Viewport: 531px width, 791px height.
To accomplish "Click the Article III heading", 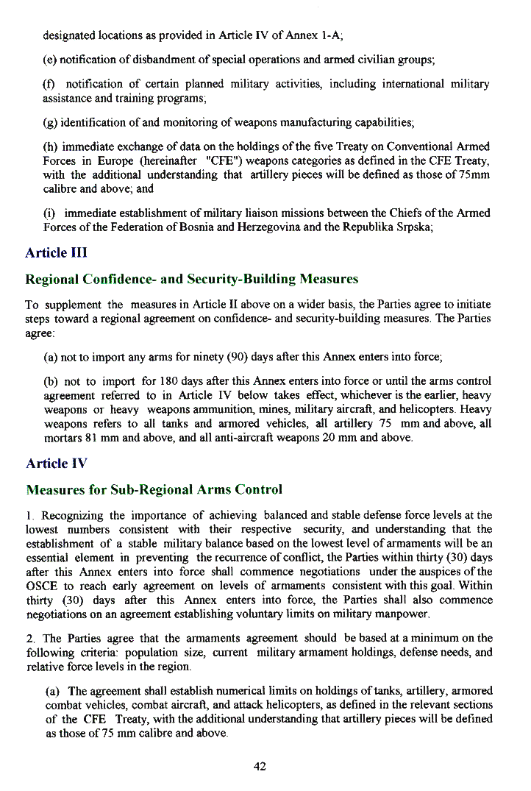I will coord(56,253).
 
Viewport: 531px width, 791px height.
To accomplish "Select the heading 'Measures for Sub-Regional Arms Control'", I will coord(154,489).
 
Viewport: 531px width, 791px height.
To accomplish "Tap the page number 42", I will coord(259,766).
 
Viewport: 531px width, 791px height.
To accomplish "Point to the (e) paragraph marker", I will coord(51,60).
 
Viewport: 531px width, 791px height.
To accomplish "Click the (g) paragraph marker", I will coord(51,121).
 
